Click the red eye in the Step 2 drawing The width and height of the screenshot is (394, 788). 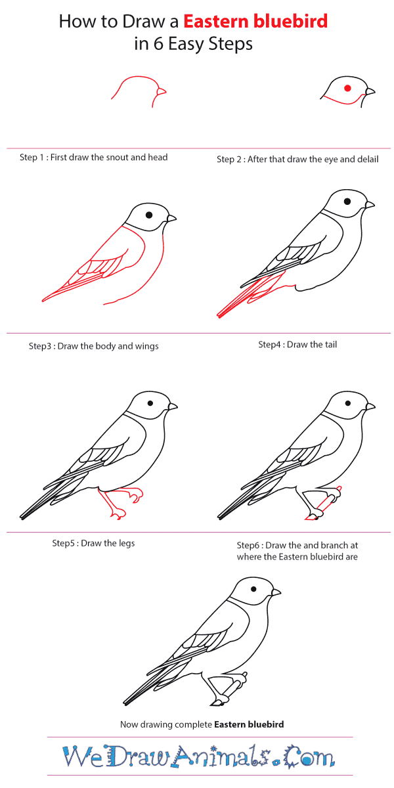[347, 88]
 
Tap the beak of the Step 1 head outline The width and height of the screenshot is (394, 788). [162, 91]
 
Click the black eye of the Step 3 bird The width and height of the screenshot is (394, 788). [150, 214]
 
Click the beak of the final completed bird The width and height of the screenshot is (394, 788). [276, 592]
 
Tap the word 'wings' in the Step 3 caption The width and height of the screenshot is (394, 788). [146, 346]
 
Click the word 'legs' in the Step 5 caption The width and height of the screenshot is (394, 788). [126, 543]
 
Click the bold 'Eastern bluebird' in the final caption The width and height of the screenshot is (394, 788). [249, 725]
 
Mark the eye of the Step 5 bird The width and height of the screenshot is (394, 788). [150, 405]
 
